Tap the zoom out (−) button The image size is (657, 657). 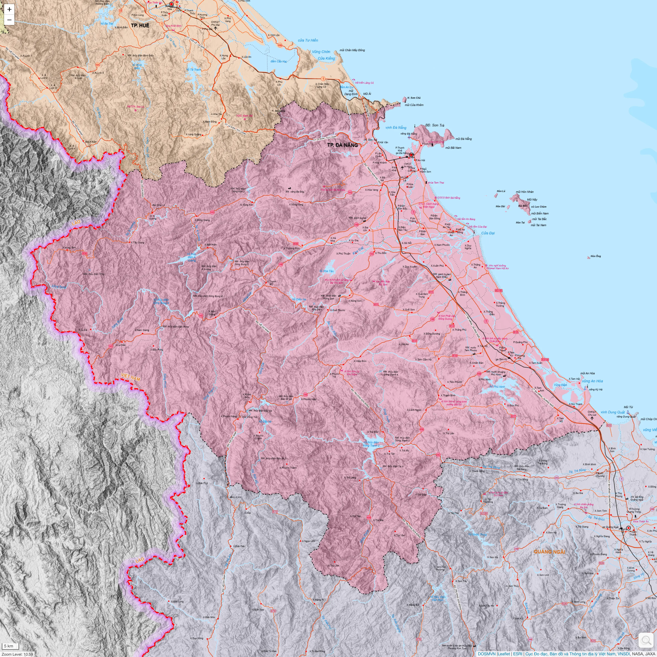pos(9,20)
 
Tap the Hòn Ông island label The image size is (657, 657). pos(595,256)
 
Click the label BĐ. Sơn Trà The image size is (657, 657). pos(435,125)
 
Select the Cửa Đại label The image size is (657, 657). pos(488,233)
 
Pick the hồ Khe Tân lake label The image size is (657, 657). pos(326,271)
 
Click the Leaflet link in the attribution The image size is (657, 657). pos(504,654)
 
